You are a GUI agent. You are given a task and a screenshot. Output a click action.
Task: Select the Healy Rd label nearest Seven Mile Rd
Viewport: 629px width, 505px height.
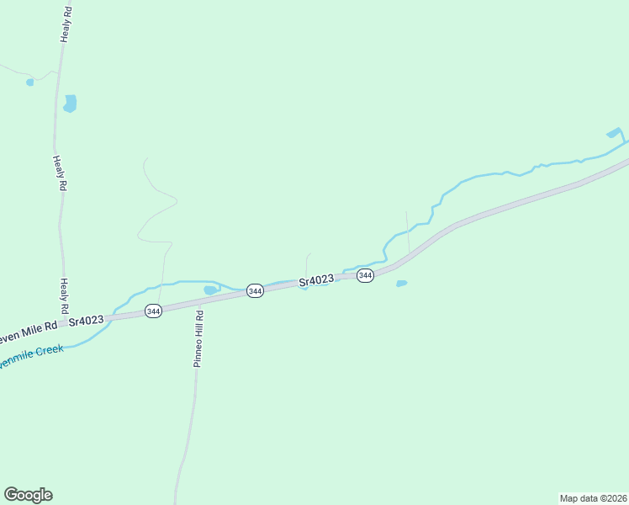tap(65, 297)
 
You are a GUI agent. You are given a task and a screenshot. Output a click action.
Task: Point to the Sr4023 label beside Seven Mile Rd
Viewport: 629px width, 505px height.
tap(86, 320)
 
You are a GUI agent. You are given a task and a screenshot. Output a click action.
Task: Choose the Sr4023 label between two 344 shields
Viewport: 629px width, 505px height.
tap(316, 279)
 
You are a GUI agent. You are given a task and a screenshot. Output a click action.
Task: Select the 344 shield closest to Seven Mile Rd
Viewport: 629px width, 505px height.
tap(153, 311)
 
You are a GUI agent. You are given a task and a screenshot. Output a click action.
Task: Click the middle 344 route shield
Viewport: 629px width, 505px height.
tap(256, 290)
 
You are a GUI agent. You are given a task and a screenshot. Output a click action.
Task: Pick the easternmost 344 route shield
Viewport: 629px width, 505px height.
tap(365, 276)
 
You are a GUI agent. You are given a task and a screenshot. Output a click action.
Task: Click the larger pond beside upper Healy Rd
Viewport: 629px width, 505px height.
tap(70, 104)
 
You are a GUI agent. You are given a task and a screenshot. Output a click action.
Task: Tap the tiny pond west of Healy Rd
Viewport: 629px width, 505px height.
tap(30, 82)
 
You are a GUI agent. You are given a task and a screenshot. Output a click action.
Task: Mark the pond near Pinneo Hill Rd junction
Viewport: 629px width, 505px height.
tap(210, 290)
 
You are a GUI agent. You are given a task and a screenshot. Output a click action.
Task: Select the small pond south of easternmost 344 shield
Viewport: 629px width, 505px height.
tap(401, 284)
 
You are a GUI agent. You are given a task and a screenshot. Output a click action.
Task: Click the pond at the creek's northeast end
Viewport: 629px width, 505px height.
tap(614, 133)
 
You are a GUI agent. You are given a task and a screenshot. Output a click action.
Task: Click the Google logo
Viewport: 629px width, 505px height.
tap(28, 495)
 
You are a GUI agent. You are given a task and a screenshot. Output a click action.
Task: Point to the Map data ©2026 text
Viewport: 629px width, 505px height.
tap(593, 497)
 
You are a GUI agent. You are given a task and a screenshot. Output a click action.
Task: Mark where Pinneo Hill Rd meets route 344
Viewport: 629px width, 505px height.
tap(200, 303)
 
